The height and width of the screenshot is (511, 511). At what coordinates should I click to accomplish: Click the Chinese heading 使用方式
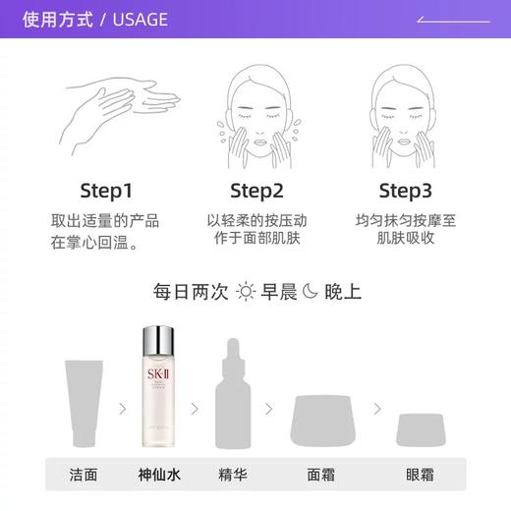[x=59, y=19]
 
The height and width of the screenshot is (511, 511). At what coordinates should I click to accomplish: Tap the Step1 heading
[x=105, y=190]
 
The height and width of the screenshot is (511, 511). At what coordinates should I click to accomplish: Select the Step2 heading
[x=255, y=190]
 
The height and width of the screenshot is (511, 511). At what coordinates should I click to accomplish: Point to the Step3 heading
[x=406, y=190]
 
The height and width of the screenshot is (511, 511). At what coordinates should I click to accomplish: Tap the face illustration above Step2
[x=255, y=108]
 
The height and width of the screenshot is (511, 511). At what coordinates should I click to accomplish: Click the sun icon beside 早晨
[x=245, y=292]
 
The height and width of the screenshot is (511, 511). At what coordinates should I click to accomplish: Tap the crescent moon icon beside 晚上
[x=311, y=292]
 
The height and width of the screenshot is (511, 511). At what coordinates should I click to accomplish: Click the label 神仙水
[x=158, y=475]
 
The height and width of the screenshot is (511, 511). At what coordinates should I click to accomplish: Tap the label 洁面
[x=84, y=475]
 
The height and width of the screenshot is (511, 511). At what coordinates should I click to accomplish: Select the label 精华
[x=232, y=475]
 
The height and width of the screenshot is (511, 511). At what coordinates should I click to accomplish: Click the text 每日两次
[x=191, y=292]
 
